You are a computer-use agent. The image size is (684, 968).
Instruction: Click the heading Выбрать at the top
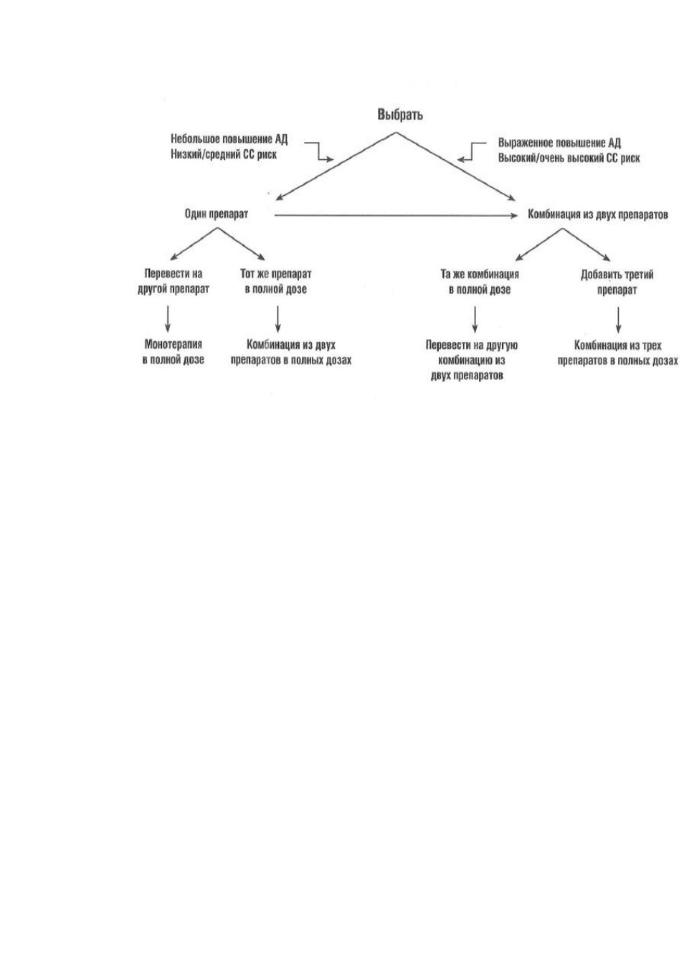(400, 115)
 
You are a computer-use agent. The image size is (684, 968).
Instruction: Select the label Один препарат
(217, 214)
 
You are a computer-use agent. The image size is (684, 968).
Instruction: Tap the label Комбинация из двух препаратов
(598, 214)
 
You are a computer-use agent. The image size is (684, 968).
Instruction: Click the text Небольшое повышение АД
(229, 139)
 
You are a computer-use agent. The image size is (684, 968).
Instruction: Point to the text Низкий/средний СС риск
(224, 154)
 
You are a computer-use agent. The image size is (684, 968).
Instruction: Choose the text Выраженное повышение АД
(559, 143)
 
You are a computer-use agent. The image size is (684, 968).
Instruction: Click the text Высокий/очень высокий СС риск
(569, 158)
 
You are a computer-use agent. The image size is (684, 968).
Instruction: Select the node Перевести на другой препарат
(174, 281)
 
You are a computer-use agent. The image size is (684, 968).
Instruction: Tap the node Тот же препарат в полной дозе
(275, 281)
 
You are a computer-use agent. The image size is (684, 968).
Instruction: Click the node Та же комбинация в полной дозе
(480, 282)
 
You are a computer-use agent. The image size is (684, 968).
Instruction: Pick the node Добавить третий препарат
(617, 283)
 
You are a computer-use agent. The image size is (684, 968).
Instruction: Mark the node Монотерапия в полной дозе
(174, 352)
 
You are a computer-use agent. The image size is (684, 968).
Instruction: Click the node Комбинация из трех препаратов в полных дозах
(618, 353)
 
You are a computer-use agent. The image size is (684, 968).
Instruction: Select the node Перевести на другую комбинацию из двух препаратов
(471, 360)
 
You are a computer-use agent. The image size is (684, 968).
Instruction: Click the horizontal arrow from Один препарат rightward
(396, 215)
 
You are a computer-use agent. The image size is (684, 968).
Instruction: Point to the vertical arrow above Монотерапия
(168, 319)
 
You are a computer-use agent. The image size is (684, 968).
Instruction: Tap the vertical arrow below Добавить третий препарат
(618, 320)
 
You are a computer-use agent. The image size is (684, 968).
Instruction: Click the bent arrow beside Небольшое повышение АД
(319, 152)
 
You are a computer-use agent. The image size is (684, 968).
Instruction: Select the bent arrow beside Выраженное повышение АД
(471, 151)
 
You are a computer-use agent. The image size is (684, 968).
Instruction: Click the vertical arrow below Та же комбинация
(475, 319)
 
